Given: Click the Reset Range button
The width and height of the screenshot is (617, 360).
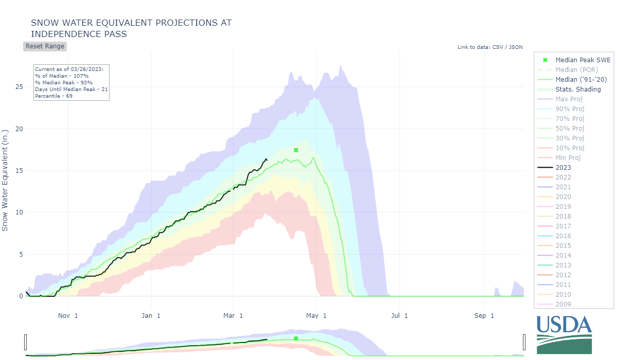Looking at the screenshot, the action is (45, 46).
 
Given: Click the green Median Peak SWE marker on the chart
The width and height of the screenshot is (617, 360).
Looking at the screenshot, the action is (296, 150).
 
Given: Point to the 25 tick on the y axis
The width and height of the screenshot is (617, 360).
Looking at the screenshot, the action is (19, 87).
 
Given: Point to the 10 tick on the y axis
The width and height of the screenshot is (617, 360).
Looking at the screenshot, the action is (19, 212).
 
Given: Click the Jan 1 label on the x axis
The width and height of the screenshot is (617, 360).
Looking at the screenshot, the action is (151, 316).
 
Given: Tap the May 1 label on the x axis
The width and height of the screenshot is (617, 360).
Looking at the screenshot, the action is (316, 316).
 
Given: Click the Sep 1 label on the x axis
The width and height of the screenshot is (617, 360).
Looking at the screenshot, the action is (484, 316).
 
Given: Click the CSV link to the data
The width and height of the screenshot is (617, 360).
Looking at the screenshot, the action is (498, 47).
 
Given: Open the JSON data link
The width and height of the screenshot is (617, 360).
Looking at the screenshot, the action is (516, 47).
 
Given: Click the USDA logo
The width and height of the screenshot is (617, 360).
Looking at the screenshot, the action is (564, 335).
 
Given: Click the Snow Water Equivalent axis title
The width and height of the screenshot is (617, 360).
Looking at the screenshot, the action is (5, 181).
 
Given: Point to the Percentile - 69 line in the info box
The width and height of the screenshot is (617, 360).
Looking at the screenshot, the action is (53, 96).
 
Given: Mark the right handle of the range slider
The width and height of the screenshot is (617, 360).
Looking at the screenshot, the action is (524, 342).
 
